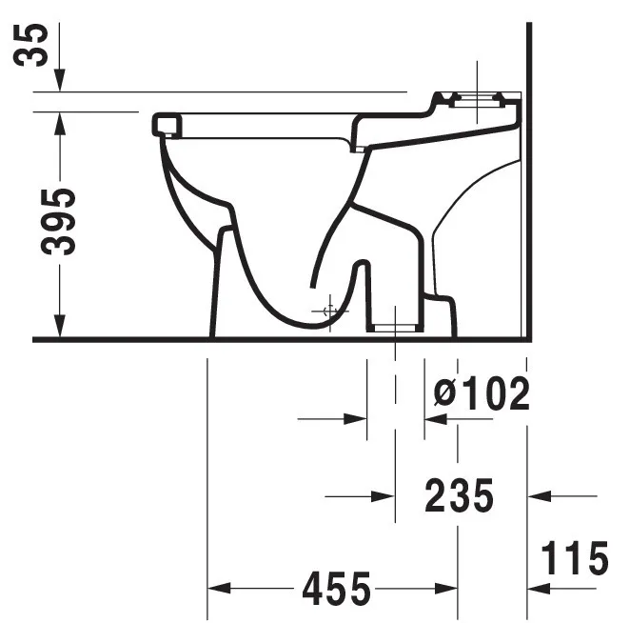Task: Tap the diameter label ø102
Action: pyautogui.click(x=481, y=392)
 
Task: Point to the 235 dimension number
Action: pyautogui.click(x=460, y=495)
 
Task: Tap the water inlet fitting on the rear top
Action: pyautogui.click(x=476, y=98)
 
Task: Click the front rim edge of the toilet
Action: pyautogui.click(x=165, y=123)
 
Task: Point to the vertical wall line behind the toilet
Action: pyautogui.click(x=528, y=191)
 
